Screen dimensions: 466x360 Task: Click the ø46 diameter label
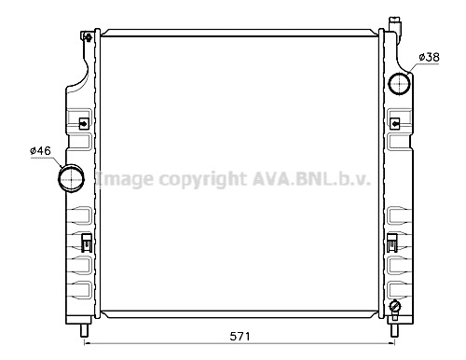click(x=40, y=151)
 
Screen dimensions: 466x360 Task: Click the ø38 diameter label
click(x=429, y=57)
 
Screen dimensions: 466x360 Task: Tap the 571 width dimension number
click(x=240, y=336)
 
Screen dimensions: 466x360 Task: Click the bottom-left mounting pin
click(x=84, y=331)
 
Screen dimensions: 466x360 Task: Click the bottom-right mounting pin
click(x=394, y=331)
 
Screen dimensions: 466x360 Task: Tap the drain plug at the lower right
click(x=395, y=308)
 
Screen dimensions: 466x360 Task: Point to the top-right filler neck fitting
click(x=395, y=24)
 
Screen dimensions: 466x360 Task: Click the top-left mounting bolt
click(x=89, y=37)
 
